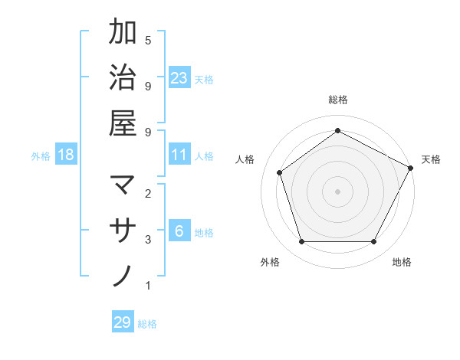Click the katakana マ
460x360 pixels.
point(123,186)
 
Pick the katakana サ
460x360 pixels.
point(123,231)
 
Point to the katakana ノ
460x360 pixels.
point(123,275)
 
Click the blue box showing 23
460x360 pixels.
point(179,78)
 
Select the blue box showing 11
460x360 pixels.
point(179,155)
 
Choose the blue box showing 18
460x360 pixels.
point(66,155)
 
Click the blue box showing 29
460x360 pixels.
point(123,322)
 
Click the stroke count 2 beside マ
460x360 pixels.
point(148,194)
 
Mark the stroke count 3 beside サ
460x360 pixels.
point(148,240)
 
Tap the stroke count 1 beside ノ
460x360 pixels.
point(148,286)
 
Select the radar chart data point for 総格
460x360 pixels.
point(337,130)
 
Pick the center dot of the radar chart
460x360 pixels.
point(337,191)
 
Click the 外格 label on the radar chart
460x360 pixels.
point(270,263)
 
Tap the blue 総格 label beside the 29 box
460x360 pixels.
point(148,324)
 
